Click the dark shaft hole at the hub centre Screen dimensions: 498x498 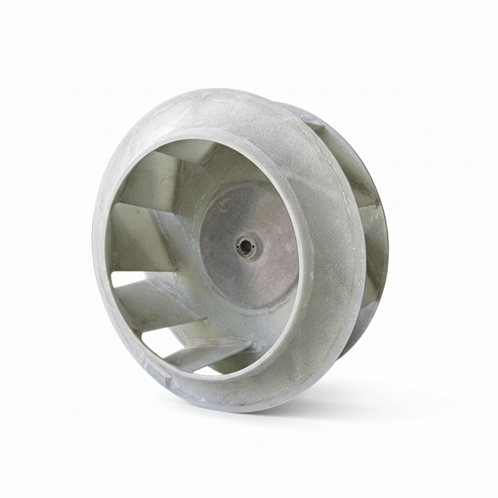click(x=245, y=247)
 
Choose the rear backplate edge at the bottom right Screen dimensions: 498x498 click(x=355, y=340)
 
